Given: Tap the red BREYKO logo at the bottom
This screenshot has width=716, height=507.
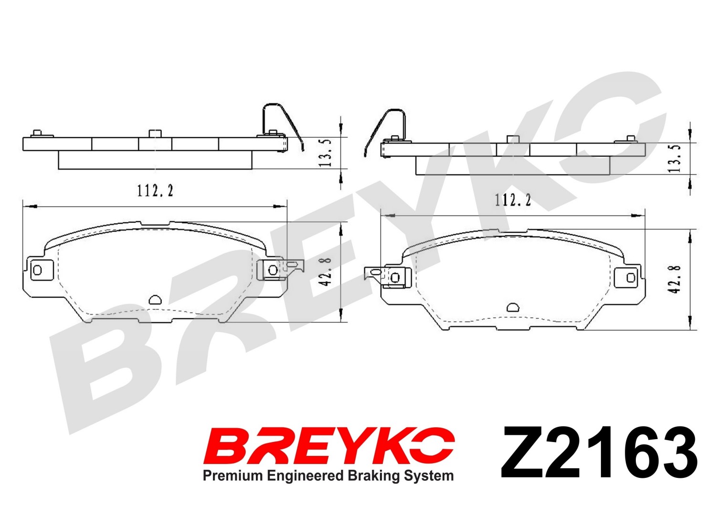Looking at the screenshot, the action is click(x=329, y=445).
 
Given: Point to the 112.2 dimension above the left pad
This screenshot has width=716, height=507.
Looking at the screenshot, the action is click(x=155, y=191).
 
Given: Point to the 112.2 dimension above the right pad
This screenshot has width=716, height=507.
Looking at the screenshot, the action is click(x=513, y=200).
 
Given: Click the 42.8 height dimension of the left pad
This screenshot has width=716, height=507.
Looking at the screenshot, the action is click(x=325, y=272).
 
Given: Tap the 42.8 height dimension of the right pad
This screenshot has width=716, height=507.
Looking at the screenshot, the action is click(x=674, y=279).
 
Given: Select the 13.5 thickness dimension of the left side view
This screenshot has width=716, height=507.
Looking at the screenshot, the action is click(x=325, y=153).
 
